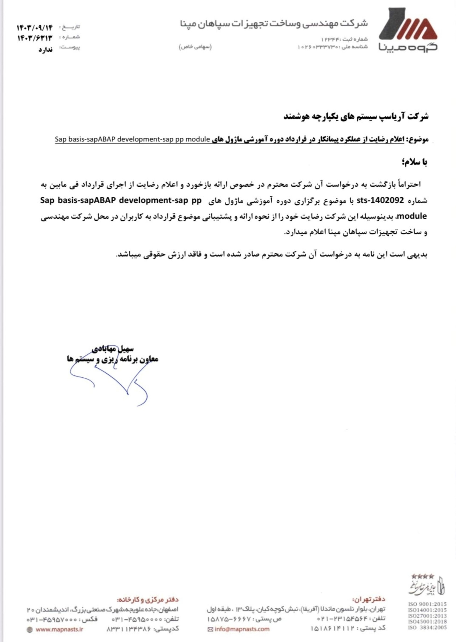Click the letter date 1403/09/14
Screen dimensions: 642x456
point(35,28)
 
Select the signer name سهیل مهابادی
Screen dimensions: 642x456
point(113,349)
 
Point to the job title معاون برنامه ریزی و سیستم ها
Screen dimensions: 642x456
point(113,359)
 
